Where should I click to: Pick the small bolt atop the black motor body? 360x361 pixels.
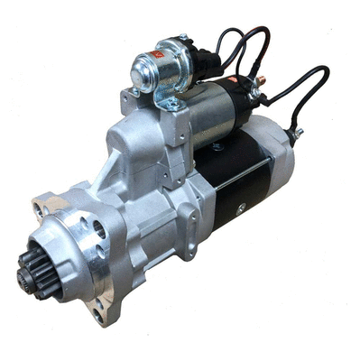point(217,145)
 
